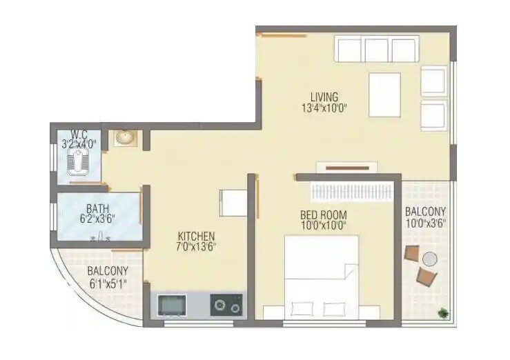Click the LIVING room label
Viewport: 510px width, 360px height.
324,97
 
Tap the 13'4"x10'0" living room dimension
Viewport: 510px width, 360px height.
324,108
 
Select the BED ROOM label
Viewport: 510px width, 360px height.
323,214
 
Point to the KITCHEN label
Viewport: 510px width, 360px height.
196,236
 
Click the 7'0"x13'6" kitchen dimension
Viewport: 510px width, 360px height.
196,247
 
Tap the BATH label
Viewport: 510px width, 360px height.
96,208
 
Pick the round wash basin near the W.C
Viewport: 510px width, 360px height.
125,138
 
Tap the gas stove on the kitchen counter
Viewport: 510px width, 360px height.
226,304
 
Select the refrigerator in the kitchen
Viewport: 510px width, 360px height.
233,203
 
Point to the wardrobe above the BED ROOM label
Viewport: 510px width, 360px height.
351,190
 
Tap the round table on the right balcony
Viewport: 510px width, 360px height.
430,260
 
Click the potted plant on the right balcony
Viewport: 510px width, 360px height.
441,313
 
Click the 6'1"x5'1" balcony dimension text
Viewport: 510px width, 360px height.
107,283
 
